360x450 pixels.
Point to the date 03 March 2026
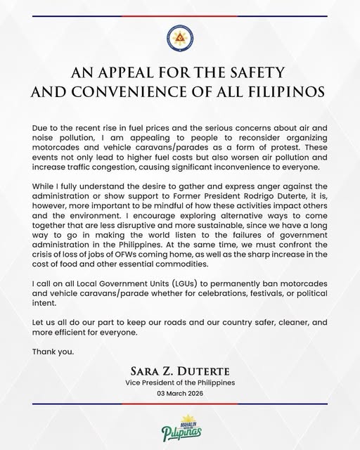pos(179,413)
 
